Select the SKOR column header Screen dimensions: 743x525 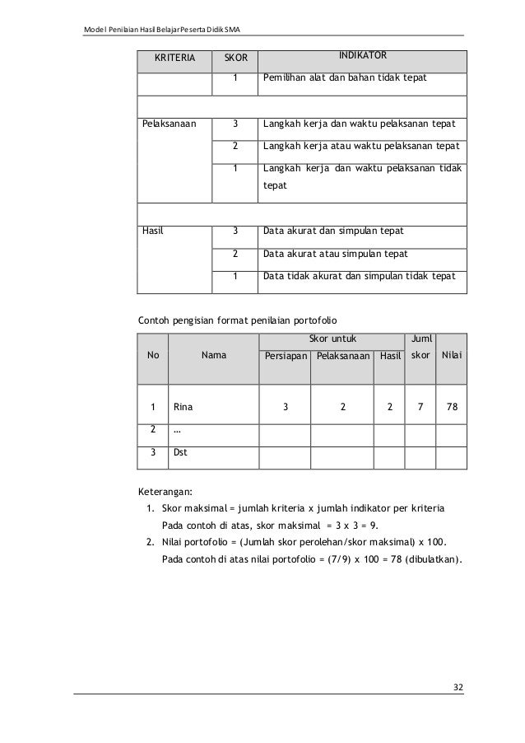235,59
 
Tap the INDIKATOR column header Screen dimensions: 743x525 363,55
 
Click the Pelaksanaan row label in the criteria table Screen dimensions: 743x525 169,125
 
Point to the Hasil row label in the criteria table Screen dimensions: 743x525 153,231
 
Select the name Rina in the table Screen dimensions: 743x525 184,406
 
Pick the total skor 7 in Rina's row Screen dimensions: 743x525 420,406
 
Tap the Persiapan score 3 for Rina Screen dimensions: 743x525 286,406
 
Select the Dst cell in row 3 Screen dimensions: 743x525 181,451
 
